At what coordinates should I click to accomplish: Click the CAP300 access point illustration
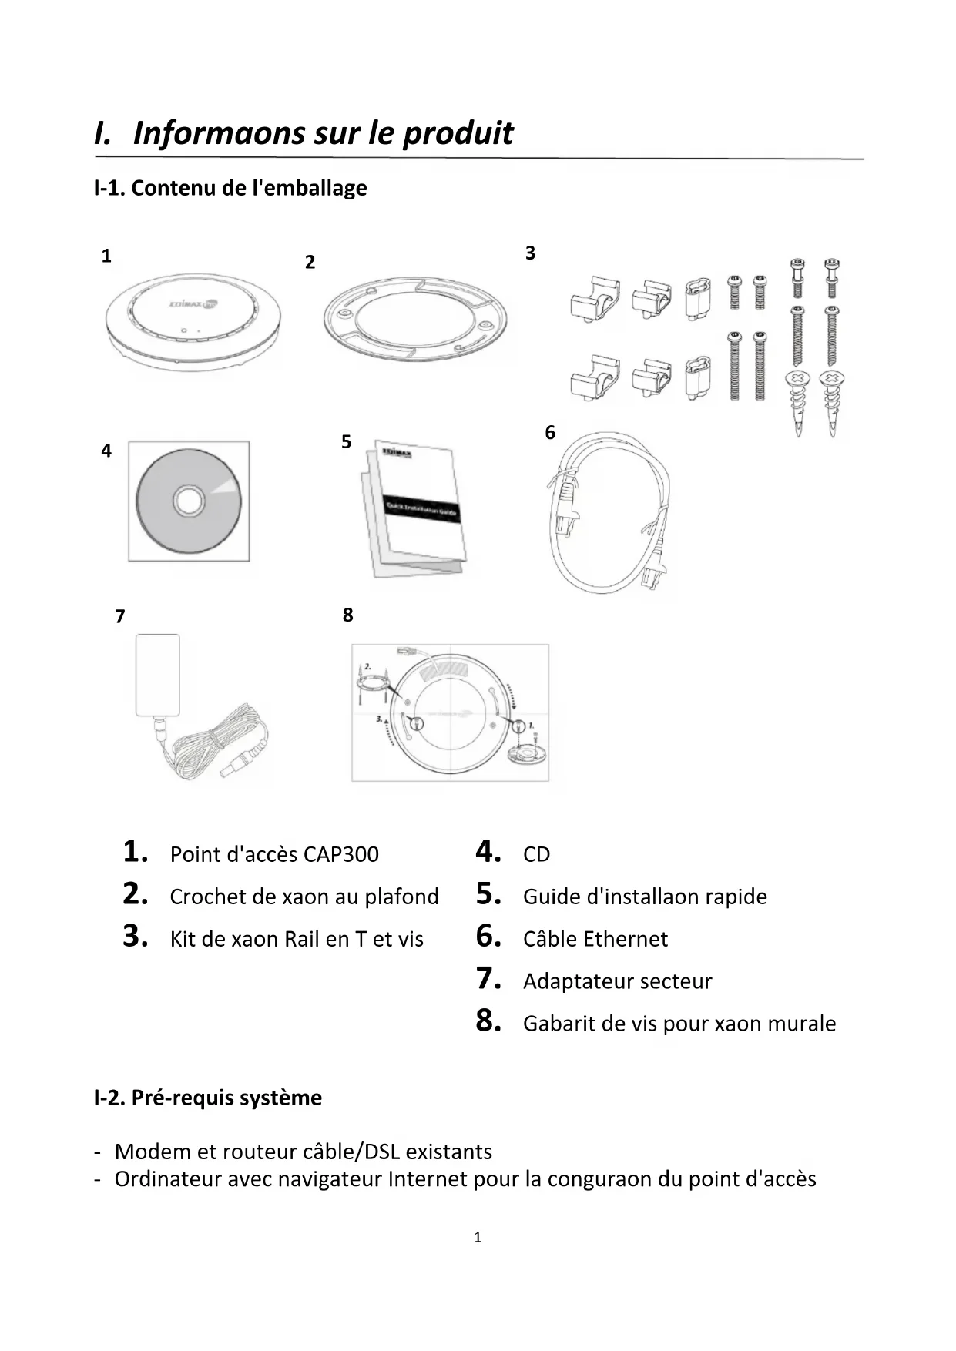tap(193, 321)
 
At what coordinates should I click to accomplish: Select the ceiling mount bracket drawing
tap(415, 319)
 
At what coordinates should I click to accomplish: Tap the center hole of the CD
tap(188, 501)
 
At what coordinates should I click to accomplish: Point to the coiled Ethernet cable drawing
tap(609, 512)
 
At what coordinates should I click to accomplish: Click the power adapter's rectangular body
tap(158, 674)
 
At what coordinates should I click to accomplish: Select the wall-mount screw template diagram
tap(451, 712)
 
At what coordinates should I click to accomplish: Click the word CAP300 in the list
tap(340, 854)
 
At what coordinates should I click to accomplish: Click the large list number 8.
tap(488, 1021)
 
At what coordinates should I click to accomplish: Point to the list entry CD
tap(536, 854)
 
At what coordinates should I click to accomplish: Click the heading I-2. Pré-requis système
tap(208, 1097)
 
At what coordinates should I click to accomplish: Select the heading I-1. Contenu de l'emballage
tap(230, 188)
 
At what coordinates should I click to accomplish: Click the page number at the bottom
tap(478, 1238)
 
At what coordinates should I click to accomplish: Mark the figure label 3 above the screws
tap(530, 253)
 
